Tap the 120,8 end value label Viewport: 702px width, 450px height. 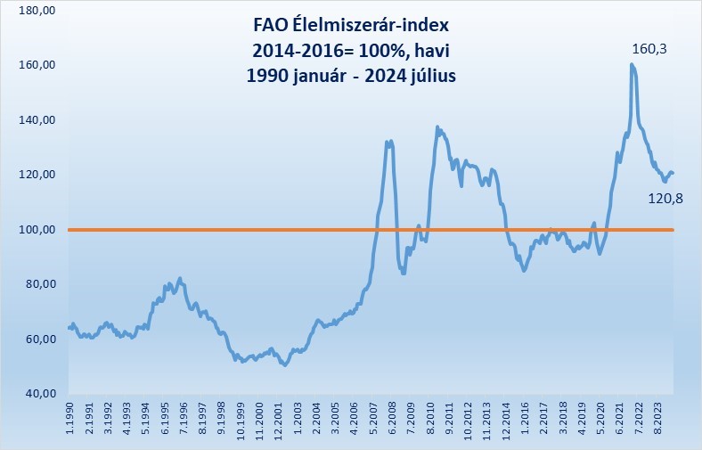666,198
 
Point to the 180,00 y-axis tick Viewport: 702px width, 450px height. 37,11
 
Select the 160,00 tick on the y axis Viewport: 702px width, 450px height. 37,65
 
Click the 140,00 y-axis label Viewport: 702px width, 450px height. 37,120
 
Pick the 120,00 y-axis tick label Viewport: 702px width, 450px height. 37,175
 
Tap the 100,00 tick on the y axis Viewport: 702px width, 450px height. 37,230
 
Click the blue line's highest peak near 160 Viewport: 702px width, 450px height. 631,64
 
